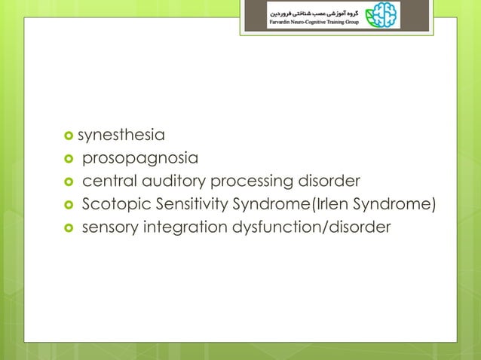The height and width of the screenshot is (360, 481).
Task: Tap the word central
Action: click(x=107, y=182)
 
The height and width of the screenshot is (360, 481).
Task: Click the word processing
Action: click(x=255, y=182)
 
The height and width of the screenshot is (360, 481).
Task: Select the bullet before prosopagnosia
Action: click(x=71, y=160)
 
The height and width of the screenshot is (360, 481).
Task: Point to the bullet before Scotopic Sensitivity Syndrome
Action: click(x=71, y=204)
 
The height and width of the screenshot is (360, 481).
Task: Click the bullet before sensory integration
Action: click(x=71, y=227)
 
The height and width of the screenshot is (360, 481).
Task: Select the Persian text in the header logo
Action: click(x=317, y=11)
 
